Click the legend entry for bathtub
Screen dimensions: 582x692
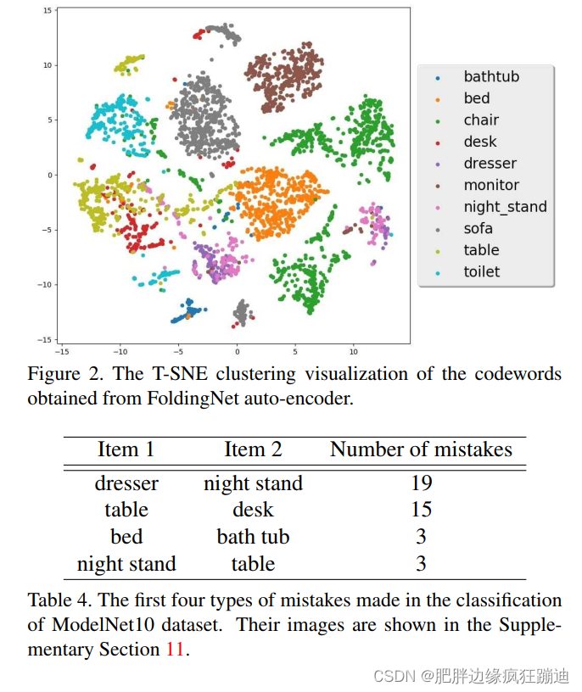point(490,76)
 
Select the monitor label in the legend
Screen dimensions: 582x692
point(490,185)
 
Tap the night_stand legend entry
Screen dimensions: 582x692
point(504,206)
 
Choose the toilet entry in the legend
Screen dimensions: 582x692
point(481,271)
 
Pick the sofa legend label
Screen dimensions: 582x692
point(478,228)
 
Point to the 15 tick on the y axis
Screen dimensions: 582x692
point(48,10)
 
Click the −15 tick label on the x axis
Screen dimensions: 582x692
point(61,349)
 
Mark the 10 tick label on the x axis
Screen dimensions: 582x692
point(354,349)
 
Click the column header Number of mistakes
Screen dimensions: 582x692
point(421,449)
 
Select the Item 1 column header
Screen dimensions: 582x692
point(126,449)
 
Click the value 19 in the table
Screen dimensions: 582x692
point(421,483)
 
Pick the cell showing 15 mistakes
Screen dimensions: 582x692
point(421,510)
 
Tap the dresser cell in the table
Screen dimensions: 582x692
point(126,483)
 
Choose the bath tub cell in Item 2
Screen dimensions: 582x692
point(253,537)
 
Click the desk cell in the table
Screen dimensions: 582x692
point(253,510)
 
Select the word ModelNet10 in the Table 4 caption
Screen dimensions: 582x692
point(98,625)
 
